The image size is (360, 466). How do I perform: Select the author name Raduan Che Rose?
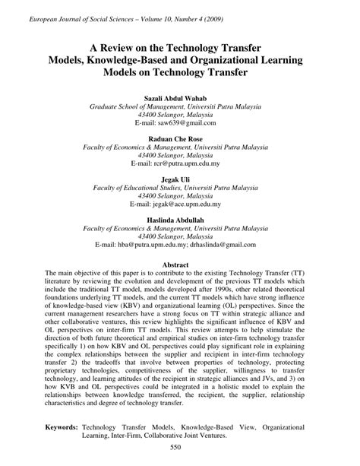click(x=179, y=140)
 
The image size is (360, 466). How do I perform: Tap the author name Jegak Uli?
click(x=179, y=180)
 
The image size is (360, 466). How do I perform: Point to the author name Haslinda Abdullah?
click(x=179, y=221)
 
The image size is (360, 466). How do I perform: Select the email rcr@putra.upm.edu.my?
click(x=194, y=164)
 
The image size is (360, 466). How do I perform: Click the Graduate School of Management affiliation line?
click(x=179, y=107)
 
